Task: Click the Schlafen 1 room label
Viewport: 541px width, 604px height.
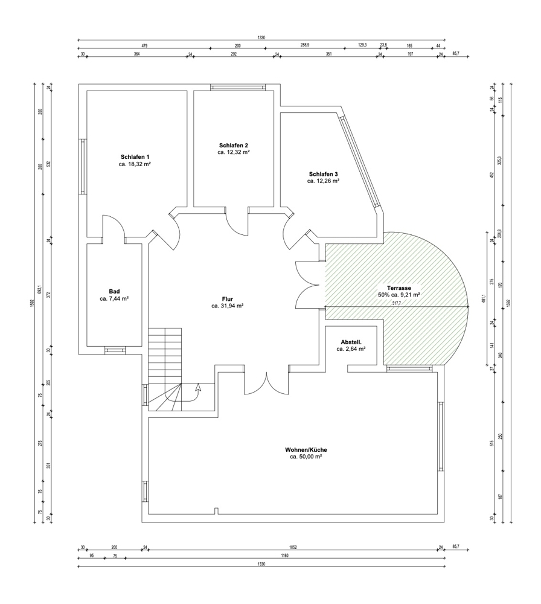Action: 135,157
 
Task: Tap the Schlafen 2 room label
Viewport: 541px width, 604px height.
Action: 234,145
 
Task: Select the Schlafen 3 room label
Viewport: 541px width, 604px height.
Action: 324,174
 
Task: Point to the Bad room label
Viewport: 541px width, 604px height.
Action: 114,292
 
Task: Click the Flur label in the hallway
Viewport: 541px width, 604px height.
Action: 228,299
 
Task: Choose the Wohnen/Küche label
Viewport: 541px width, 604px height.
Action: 306,449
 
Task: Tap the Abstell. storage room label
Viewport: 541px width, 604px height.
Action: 351,342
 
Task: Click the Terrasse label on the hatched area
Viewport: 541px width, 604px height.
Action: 399,288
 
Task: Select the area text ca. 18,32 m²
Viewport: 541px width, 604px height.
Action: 135,164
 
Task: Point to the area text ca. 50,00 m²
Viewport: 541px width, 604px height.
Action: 306,457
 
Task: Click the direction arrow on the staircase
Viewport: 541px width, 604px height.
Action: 198,387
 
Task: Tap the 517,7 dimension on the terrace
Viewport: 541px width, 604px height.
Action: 396,303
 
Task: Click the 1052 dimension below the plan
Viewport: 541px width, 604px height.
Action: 294,547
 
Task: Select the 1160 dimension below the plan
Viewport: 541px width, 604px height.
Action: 285,556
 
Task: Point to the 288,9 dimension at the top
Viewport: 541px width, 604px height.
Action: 305,45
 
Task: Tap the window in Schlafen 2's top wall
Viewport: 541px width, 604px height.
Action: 237,88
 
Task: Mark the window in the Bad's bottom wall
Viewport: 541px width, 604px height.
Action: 115,350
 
